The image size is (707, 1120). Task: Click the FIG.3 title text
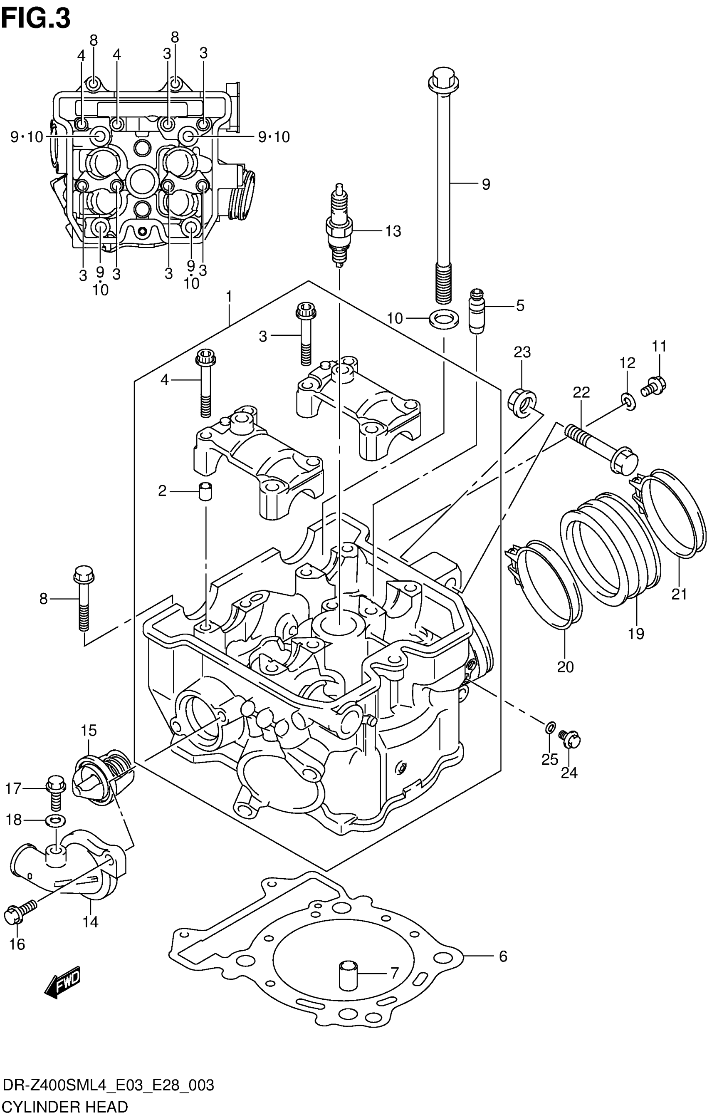36,19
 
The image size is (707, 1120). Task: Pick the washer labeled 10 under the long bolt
444,319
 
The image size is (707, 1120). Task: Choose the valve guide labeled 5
477,311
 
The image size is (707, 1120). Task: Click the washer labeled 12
628,401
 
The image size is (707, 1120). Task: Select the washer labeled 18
55,820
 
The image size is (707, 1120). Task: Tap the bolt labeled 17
55,793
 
